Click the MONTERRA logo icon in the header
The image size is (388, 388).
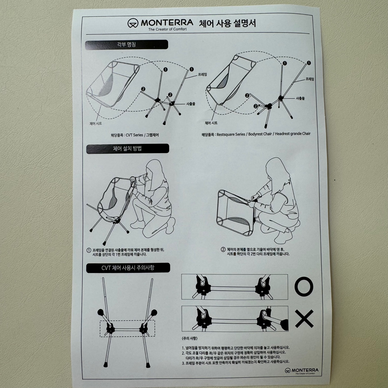coord(133,23)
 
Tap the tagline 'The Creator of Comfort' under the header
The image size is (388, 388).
coord(167,29)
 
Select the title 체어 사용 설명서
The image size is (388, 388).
coord(227,23)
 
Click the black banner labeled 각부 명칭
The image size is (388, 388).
coord(126,44)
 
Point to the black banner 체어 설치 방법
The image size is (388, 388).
coord(128,148)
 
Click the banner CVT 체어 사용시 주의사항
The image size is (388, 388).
coord(128,268)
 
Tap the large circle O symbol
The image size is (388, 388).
coord(304,286)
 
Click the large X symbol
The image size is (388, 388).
coord(304,319)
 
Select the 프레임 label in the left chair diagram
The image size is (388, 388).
coord(202,74)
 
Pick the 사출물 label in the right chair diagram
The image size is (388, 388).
coord(300,98)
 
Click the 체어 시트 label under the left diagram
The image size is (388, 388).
coord(96,123)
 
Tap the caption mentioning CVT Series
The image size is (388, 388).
coord(135,135)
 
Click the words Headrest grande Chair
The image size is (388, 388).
coord(293,134)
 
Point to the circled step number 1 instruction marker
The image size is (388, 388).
coord(89,250)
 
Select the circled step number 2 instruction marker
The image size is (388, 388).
coord(223,250)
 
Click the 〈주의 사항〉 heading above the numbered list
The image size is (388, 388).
coord(189,338)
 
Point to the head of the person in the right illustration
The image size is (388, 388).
coord(275,170)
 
